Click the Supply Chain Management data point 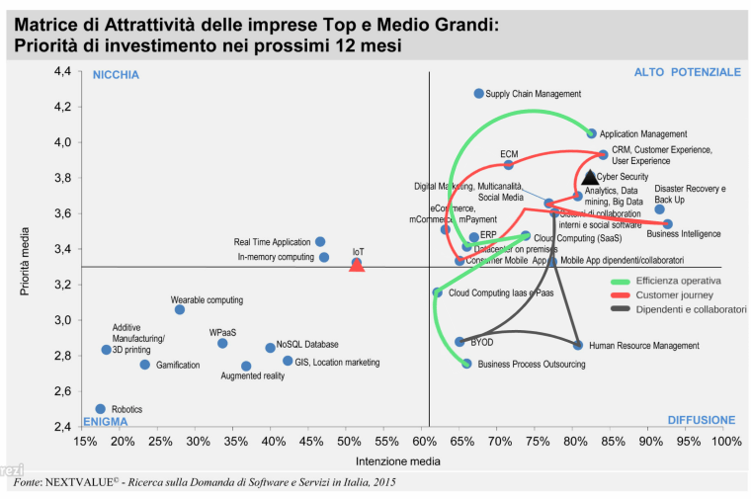[x=479, y=93]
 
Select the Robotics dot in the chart [x=100, y=408]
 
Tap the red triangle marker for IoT [x=358, y=265]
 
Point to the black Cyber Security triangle [x=590, y=177]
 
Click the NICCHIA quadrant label [x=116, y=75]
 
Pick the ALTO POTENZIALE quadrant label [x=687, y=73]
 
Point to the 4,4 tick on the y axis [x=61, y=71]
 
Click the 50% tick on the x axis [x=349, y=441]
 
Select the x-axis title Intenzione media [x=397, y=460]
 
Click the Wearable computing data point [x=180, y=309]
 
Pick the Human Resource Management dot [x=578, y=345]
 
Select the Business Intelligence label [x=683, y=234]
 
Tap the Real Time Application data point [x=320, y=241]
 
